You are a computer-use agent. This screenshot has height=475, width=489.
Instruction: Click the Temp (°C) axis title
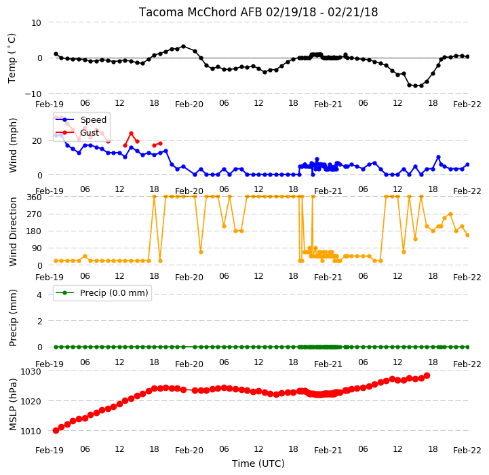click(x=12, y=58)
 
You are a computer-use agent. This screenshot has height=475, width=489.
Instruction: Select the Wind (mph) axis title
click(x=12, y=145)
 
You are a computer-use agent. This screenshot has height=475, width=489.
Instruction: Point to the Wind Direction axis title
click(x=12, y=231)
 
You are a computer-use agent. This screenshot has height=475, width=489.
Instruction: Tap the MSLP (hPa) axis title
click(x=12, y=405)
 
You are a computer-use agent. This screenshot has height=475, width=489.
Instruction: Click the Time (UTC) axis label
click(x=258, y=463)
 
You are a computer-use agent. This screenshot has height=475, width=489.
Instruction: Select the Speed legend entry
click(x=81, y=120)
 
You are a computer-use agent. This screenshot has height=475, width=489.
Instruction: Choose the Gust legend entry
click(x=81, y=133)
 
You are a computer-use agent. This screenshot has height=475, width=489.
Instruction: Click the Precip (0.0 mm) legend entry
click(x=102, y=292)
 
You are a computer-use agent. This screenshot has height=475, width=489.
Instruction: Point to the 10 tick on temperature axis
click(x=36, y=23)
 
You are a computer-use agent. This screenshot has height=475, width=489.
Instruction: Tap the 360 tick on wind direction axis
click(x=35, y=197)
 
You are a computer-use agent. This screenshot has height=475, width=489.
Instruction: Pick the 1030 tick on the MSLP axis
click(x=31, y=372)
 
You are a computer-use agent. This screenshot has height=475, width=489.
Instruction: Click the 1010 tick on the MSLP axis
click(x=31, y=431)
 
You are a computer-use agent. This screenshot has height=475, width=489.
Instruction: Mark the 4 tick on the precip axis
click(x=39, y=294)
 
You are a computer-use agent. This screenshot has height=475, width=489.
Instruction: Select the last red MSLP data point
click(x=427, y=376)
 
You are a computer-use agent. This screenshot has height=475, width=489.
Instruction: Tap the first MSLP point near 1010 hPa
click(x=56, y=431)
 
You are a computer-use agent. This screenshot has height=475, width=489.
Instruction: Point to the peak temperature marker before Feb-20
click(x=183, y=47)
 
